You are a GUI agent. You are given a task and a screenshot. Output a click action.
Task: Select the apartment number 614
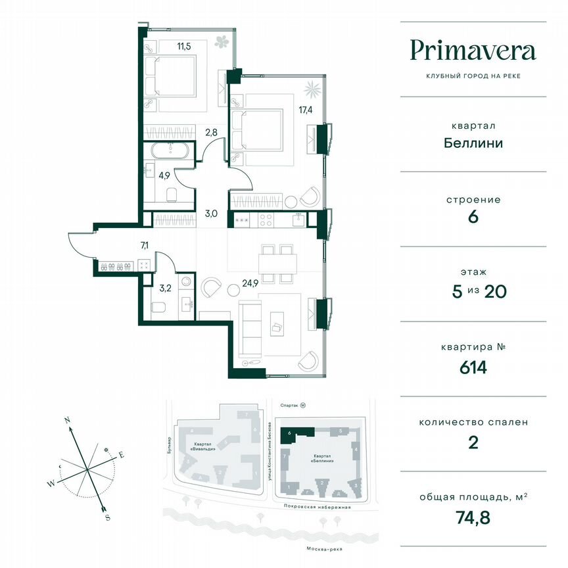[473, 367]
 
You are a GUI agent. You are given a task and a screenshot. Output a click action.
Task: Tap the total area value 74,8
[473, 517]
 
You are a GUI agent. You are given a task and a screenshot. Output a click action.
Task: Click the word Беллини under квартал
[473, 142]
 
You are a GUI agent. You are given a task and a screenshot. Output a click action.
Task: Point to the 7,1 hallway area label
[145, 245]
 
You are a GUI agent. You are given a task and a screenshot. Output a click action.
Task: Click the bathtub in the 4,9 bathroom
[169, 150]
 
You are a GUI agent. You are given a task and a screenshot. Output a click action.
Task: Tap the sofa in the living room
[249, 327]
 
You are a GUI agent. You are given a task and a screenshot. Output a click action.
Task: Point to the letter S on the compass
[106, 517]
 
